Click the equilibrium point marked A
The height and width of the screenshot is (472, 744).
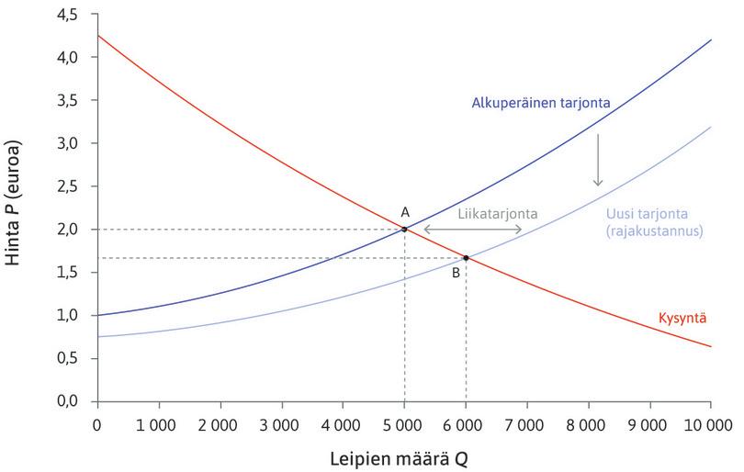click(x=404, y=229)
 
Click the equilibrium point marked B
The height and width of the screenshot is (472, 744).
click(x=466, y=258)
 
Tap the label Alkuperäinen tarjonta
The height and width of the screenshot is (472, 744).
click(x=541, y=102)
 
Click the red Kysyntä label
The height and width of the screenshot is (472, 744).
click(x=682, y=319)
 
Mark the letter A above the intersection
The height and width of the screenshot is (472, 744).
click(x=404, y=211)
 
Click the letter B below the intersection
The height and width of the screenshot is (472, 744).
click(x=456, y=273)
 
